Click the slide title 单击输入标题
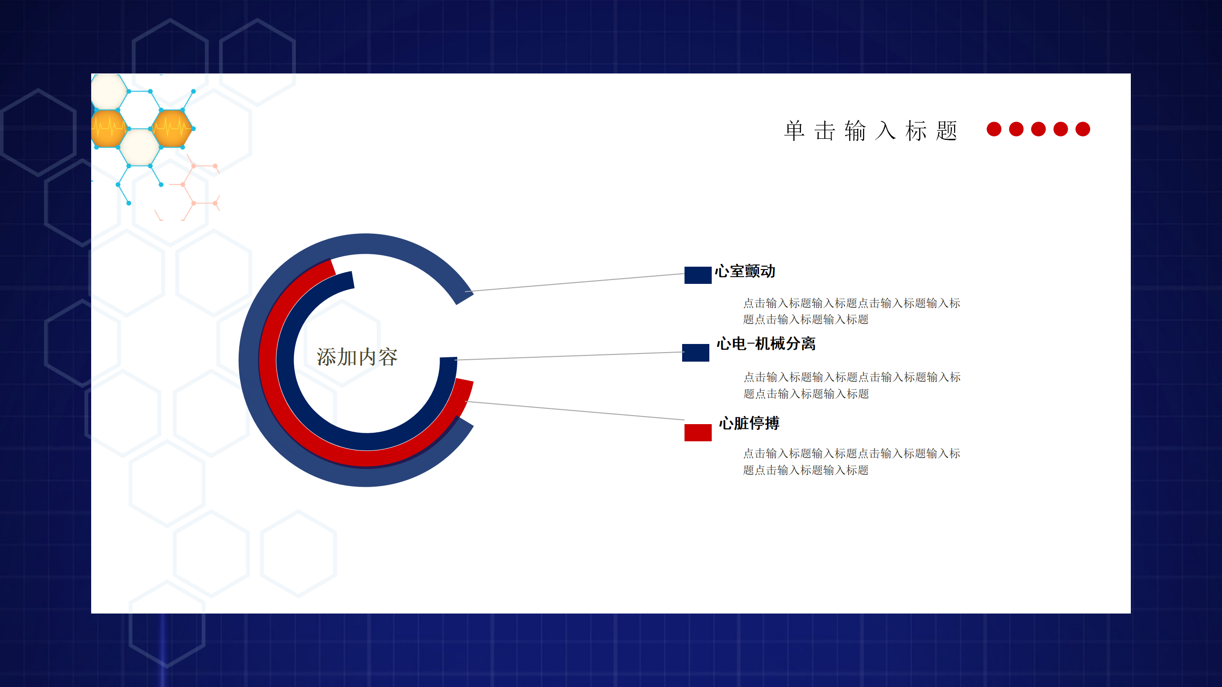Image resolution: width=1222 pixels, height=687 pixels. click(x=871, y=131)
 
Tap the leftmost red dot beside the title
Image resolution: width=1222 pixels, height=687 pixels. click(x=994, y=129)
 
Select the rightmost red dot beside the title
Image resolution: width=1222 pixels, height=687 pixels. click(x=1083, y=129)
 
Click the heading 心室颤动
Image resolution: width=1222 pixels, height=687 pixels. click(x=745, y=271)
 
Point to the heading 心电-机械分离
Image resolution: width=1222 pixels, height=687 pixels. click(x=766, y=344)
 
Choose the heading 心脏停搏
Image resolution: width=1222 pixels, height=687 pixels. click(x=749, y=423)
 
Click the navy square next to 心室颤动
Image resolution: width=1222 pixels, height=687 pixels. click(x=698, y=275)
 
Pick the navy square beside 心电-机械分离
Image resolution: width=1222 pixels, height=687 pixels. click(x=695, y=353)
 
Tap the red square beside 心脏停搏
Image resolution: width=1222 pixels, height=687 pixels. click(x=698, y=433)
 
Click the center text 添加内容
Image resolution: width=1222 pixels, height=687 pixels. click(x=357, y=357)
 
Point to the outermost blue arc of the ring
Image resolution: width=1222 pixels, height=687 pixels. click(x=249, y=360)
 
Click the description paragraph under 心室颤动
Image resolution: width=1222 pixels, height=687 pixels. click(x=852, y=311)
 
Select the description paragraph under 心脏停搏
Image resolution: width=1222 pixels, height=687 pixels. click(x=852, y=462)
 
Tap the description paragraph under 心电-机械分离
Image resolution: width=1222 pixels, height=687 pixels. click(x=852, y=385)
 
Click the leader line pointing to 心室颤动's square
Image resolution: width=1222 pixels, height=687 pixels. click(x=575, y=282)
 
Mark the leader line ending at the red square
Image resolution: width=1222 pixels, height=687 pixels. click(x=575, y=411)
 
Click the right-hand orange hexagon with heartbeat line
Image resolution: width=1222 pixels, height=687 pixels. click(x=172, y=128)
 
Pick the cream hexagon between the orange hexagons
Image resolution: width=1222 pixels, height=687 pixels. click(x=140, y=147)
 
